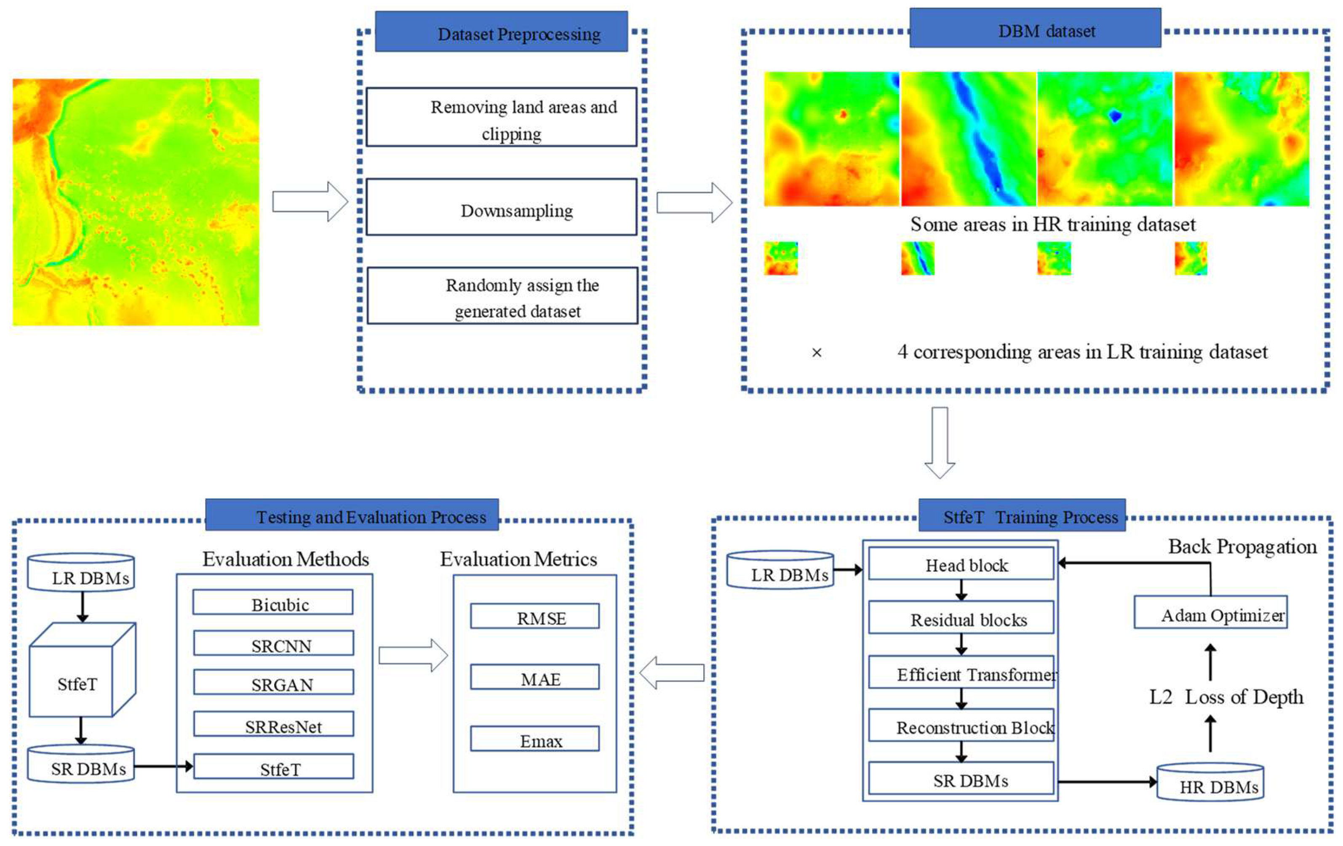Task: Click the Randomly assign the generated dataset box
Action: pos(502,296)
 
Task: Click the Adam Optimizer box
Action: pos(1210,612)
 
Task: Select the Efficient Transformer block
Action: pos(961,672)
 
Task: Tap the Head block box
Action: pos(961,563)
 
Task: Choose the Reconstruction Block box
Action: pos(961,725)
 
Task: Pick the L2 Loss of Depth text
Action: pos(1226,697)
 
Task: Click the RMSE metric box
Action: pos(534,616)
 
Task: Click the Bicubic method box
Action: pos(273,602)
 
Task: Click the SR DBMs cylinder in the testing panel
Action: pos(81,765)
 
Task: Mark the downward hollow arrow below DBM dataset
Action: pos(940,442)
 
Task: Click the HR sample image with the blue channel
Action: pos(968,139)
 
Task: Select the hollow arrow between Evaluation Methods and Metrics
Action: pos(413,655)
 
